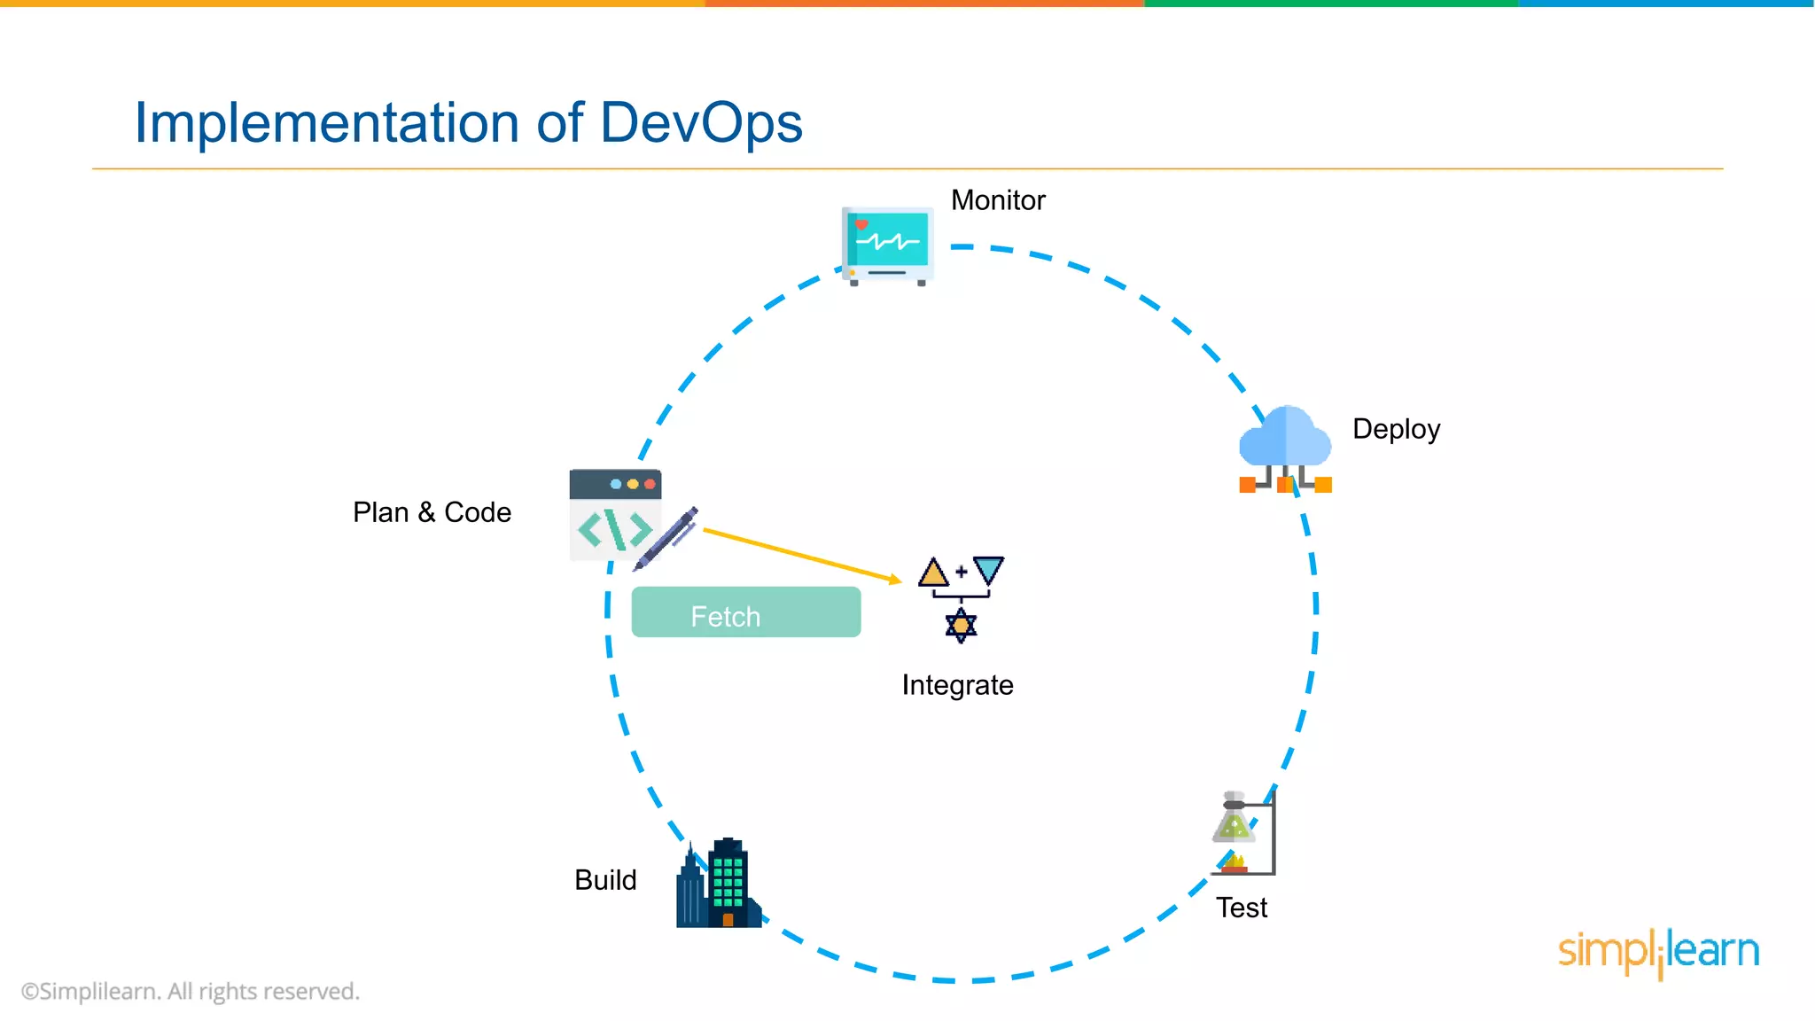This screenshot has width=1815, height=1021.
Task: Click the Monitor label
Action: click(x=998, y=200)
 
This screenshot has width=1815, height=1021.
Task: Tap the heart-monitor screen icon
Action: click(x=887, y=244)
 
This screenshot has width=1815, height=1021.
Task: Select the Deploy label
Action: click(x=1396, y=429)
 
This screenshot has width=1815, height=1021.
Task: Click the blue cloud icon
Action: click(x=1285, y=439)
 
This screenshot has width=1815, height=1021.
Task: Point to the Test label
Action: click(x=1241, y=908)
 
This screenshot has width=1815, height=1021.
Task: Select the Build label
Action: click(x=605, y=880)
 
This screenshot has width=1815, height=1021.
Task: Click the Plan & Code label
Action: click(x=432, y=512)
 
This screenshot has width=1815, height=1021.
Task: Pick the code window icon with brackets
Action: click(x=615, y=515)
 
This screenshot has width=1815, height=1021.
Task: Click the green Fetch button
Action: click(x=745, y=612)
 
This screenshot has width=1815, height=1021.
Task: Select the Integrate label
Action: click(x=957, y=685)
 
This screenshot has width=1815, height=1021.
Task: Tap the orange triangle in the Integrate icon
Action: click(x=933, y=573)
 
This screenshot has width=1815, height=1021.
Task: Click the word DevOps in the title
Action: click(x=701, y=122)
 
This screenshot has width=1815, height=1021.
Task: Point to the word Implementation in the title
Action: click(x=326, y=122)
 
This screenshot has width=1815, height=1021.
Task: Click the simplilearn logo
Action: click(x=1658, y=952)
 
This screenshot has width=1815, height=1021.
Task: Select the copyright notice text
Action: click(x=191, y=991)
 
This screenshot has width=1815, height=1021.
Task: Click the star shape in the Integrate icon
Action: click(x=961, y=626)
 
